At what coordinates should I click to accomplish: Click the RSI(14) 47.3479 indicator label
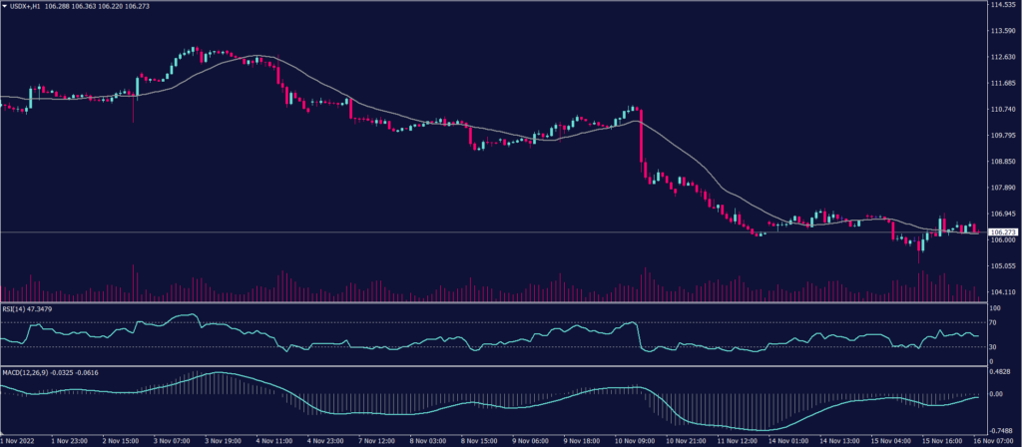[x=27, y=309]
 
